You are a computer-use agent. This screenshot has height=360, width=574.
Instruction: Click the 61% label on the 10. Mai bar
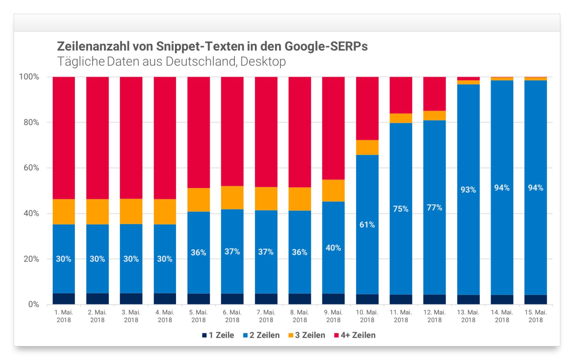click(x=367, y=225)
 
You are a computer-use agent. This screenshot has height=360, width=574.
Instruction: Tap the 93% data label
click(x=468, y=190)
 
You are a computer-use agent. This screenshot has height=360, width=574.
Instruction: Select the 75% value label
click(x=400, y=209)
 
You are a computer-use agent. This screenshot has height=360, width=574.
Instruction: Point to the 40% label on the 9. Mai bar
click(x=333, y=248)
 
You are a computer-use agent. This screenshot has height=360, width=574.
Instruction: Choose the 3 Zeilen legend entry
click(x=307, y=335)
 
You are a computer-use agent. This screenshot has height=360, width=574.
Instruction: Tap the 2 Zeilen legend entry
click(x=261, y=335)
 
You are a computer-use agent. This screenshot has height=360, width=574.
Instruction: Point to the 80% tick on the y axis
click(x=31, y=122)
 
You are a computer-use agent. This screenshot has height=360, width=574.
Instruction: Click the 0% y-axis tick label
click(x=33, y=304)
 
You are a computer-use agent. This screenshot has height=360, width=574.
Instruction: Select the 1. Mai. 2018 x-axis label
click(x=64, y=316)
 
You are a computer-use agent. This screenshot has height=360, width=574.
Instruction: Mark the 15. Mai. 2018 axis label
click(x=535, y=316)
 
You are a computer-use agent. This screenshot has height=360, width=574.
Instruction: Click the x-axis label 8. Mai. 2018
click(x=300, y=316)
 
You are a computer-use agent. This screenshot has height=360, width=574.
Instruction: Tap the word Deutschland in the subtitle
click(x=201, y=61)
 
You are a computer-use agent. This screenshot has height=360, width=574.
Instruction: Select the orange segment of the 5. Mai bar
click(x=199, y=200)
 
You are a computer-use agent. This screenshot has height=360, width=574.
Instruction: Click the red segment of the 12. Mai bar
click(x=434, y=94)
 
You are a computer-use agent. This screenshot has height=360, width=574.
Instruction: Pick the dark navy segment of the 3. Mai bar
click(x=131, y=299)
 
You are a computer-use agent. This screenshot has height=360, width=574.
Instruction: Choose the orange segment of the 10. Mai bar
click(x=367, y=147)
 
